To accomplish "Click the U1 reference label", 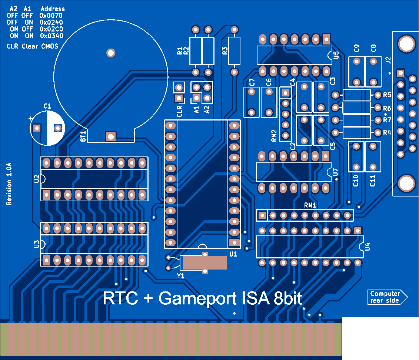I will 233,254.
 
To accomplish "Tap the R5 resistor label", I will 387,95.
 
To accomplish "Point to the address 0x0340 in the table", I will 51,36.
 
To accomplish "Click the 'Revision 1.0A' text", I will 9,184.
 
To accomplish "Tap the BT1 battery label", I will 83,136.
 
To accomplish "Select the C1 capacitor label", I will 47,107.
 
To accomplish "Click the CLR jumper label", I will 179,111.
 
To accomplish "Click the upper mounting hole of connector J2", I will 406,44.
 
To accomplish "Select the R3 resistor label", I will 225,51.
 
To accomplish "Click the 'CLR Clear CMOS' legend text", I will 33,46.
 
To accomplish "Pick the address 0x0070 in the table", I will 51,16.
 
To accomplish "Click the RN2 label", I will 274,135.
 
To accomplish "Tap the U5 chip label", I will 336,56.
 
